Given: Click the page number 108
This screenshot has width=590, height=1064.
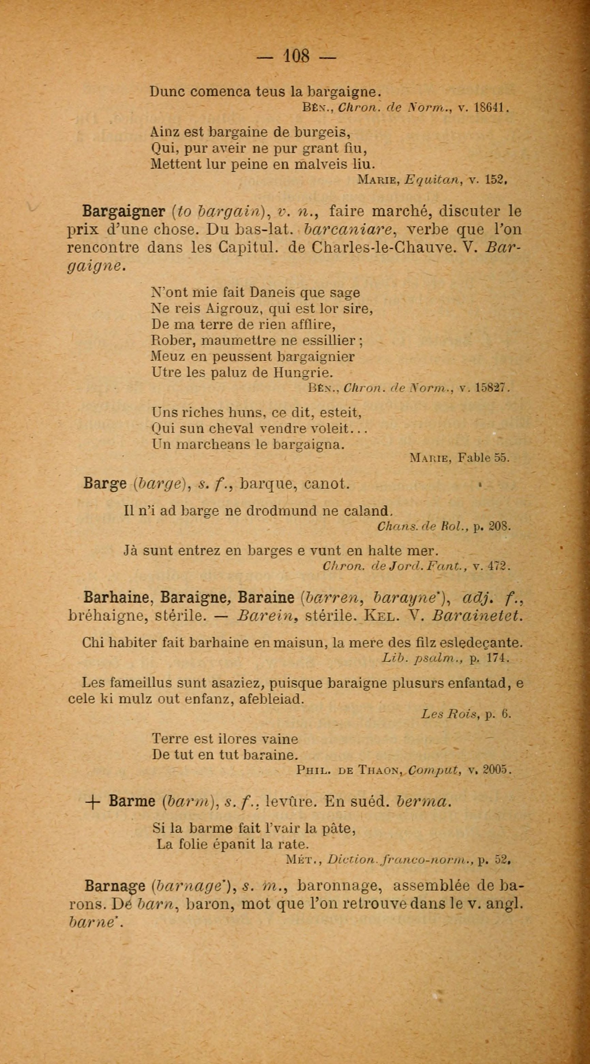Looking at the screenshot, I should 296,56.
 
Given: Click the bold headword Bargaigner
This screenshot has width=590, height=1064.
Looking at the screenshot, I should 124,211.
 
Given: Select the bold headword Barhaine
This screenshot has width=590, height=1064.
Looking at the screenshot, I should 116,598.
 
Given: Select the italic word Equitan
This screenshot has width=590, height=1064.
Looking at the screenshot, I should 432,180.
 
